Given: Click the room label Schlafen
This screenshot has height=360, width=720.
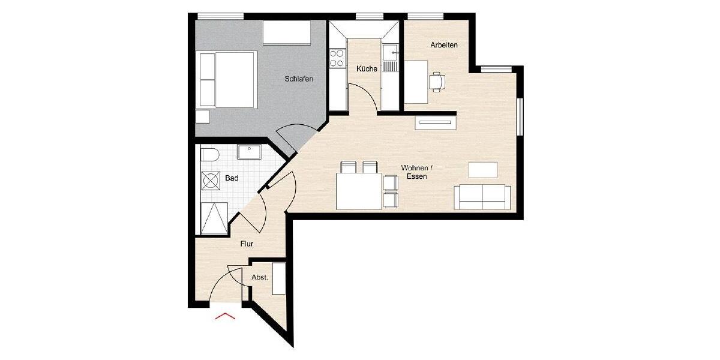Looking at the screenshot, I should (x=299, y=79).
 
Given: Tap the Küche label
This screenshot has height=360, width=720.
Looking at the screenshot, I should (x=367, y=69).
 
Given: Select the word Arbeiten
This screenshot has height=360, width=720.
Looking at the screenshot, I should (x=444, y=45).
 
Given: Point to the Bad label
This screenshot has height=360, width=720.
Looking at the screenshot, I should (x=232, y=178).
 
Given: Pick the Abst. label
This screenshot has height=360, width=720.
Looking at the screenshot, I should (x=259, y=277).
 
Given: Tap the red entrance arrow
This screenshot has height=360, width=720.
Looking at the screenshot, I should (x=225, y=316).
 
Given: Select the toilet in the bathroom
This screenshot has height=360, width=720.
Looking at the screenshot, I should (x=209, y=155).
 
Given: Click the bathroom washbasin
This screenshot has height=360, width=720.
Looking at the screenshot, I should (x=248, y=152).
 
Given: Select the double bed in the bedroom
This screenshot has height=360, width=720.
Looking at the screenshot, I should (x=228, y=79).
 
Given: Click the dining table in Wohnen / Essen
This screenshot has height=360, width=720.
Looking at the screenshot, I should (x=359, y=191).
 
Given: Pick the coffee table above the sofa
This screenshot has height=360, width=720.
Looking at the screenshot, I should (x=483, y=170).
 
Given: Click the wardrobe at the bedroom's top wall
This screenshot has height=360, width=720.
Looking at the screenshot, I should (x=287, y=32).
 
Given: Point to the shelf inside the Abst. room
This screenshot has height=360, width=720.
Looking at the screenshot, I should (x=279, y=278).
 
